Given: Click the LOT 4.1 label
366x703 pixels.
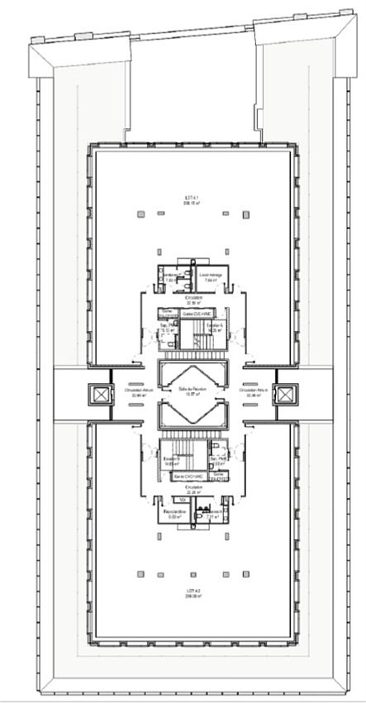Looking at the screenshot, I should coord(188,197).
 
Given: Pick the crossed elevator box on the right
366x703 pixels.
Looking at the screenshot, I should coord(286,395).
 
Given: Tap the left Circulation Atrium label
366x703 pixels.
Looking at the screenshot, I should coord(134,391).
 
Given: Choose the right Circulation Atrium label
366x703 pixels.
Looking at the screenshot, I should coord(247,391).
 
